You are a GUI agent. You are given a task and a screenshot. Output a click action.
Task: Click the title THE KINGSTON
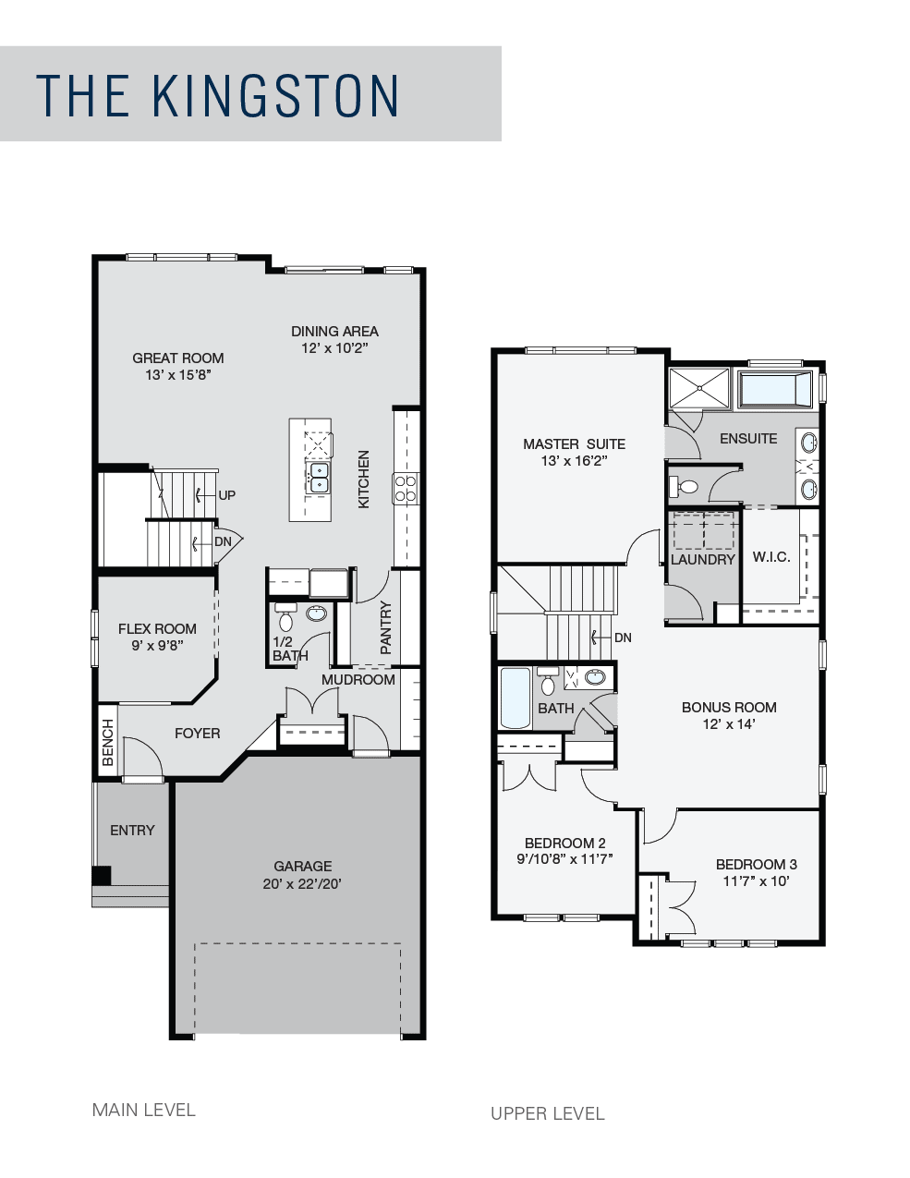click(217, 95)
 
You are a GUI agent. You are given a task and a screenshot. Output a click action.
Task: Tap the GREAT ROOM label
click(177, 358)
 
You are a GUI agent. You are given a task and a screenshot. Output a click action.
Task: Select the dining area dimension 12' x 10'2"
click(334, 348)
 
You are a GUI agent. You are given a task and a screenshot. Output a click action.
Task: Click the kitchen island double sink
click(319, 477)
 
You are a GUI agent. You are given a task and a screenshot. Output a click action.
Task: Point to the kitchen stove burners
click(406, 488)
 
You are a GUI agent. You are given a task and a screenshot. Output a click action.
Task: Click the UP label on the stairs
click(226, 495)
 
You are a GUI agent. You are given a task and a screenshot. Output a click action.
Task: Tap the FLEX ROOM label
click(157, 629)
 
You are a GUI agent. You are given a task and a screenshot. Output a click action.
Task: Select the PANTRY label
click(386, 627)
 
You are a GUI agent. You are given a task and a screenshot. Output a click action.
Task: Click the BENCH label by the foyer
click(107, 742)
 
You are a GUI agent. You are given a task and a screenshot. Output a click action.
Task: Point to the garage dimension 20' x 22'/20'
click(302, 884)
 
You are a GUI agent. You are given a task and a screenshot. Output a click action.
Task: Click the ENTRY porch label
click(132, 830)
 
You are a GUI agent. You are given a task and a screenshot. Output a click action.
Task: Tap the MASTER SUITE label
click(574, 444)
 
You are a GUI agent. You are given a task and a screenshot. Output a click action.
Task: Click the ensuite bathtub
click(776, 389)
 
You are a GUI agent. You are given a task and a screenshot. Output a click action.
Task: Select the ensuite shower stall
click(699, 388)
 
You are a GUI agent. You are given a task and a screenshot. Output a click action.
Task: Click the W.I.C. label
click(771, 557)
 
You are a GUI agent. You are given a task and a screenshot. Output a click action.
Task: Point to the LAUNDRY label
click(702, 560)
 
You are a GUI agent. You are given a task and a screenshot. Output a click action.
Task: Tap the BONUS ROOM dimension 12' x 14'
click(729, 723)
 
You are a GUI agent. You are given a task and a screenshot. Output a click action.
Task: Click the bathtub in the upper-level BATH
click(515, 698)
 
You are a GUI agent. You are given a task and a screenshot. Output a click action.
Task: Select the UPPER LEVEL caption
click(548, 1113)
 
